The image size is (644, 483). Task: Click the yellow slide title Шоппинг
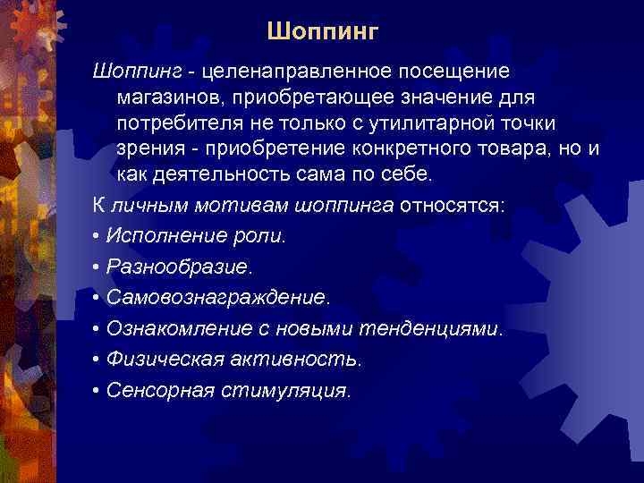coord(323,33)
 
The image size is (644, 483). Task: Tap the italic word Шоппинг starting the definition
coord(142,70)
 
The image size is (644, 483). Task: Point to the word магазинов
coord(169,95)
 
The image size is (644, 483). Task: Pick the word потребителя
coord(174,121)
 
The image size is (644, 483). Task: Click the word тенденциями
coord(431,329)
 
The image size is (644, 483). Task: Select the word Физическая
coord(157,360)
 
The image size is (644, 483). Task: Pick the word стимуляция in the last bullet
coord(296,391)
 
